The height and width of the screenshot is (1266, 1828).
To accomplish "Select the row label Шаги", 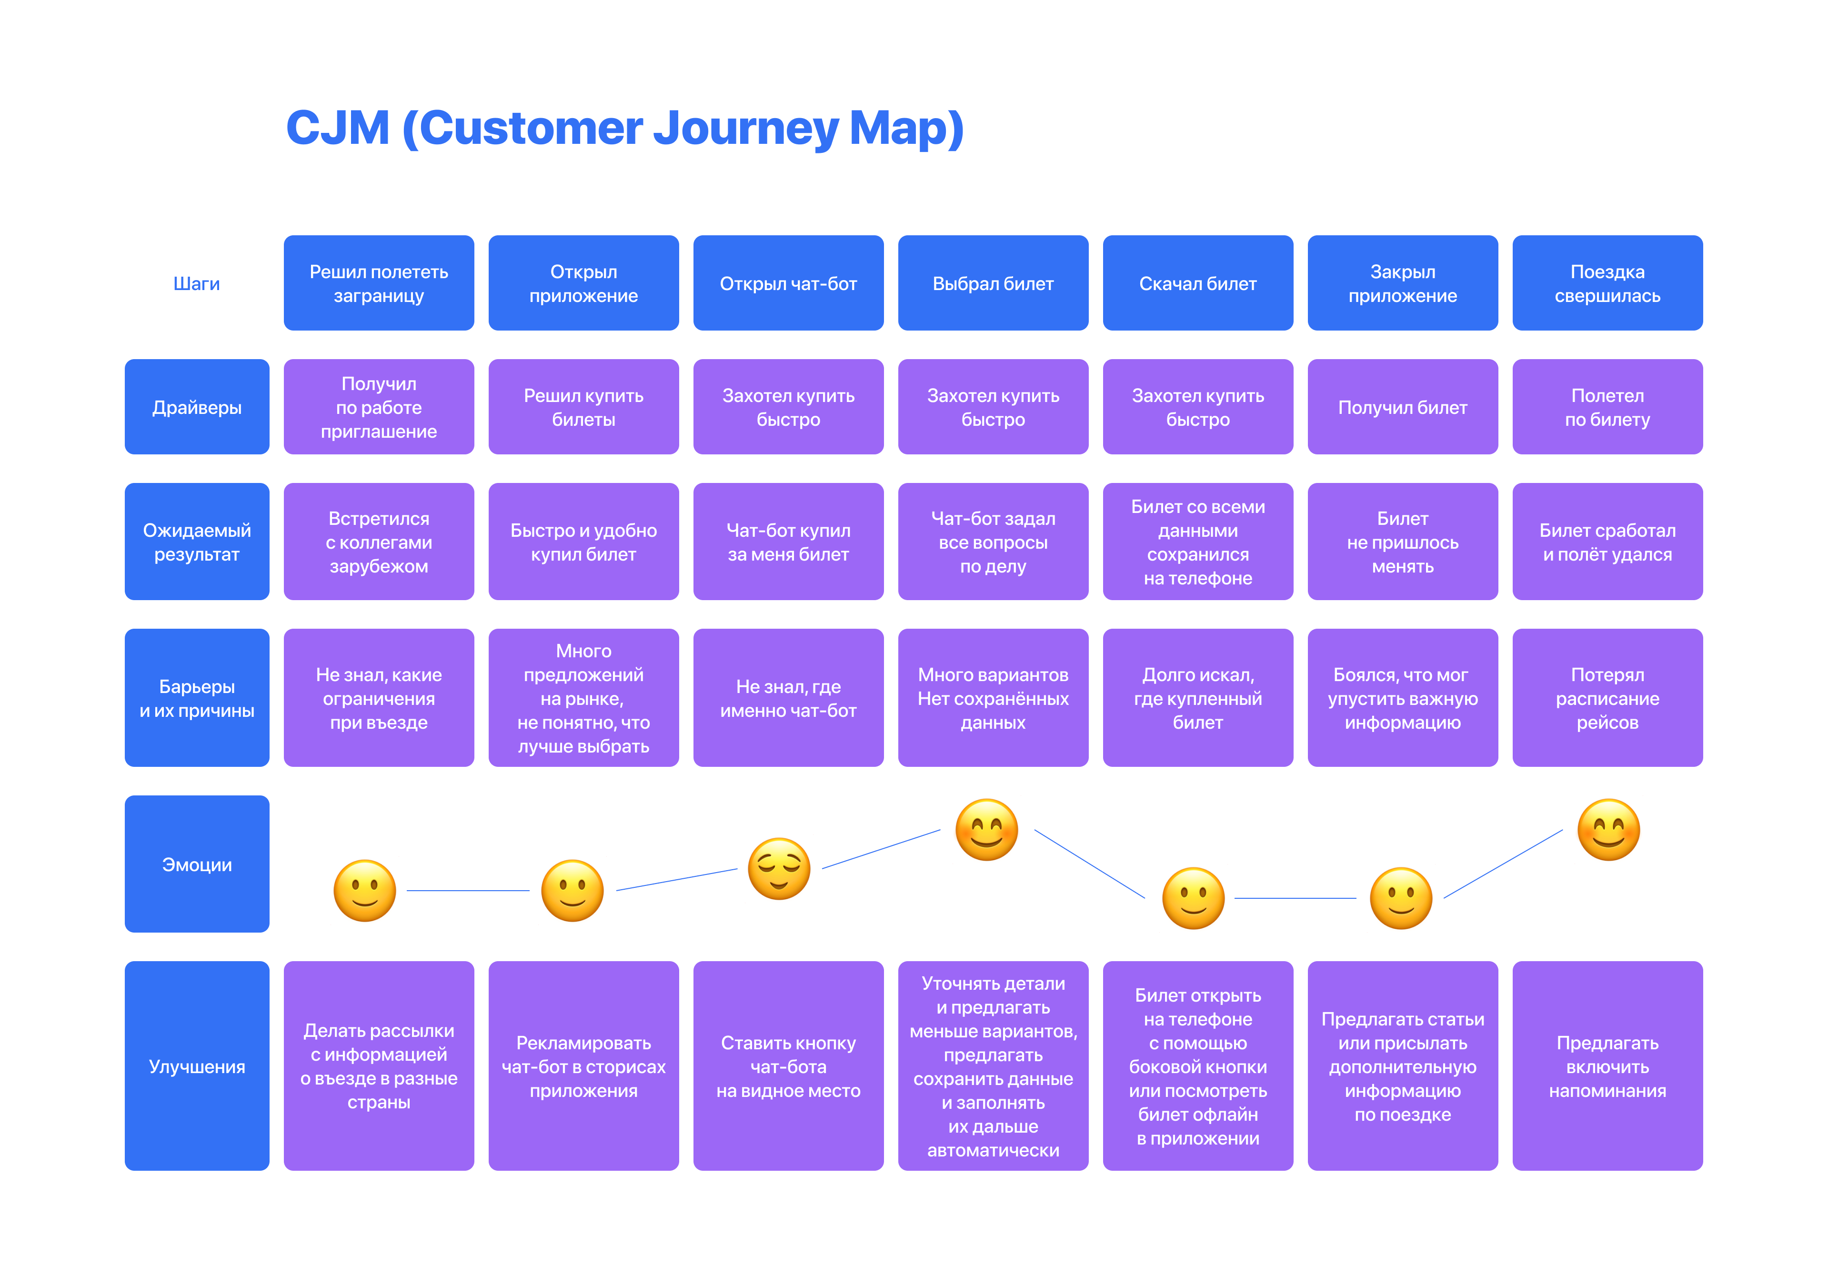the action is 197,284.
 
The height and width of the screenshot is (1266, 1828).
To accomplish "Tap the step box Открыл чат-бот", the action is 788,283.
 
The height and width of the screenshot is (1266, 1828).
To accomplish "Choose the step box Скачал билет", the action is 1197,283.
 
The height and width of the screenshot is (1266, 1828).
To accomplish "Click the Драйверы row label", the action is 197,407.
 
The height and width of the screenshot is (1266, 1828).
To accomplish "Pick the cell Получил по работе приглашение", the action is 379,407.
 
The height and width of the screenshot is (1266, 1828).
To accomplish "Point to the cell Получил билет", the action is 1402,407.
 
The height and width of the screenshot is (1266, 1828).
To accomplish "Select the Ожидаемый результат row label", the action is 197,542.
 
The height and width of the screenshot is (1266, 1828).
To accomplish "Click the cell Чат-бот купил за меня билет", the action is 788,542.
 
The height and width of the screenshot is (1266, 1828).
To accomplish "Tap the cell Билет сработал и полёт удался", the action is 1607,542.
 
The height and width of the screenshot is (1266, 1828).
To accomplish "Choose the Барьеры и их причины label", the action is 197,698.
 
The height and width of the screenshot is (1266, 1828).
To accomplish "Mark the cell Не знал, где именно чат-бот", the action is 788,698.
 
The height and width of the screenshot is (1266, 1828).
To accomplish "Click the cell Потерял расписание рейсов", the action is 1607,698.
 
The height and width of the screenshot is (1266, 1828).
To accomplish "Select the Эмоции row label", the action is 197,864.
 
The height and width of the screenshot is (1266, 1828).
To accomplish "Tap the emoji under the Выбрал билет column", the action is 986,830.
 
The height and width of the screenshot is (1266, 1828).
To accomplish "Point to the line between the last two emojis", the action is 1503,864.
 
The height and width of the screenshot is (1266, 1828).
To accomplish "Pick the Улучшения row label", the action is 197,1066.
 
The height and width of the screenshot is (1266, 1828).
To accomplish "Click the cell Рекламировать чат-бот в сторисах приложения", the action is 583,1066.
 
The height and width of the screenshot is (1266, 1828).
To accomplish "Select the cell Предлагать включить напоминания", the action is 1607,1066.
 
